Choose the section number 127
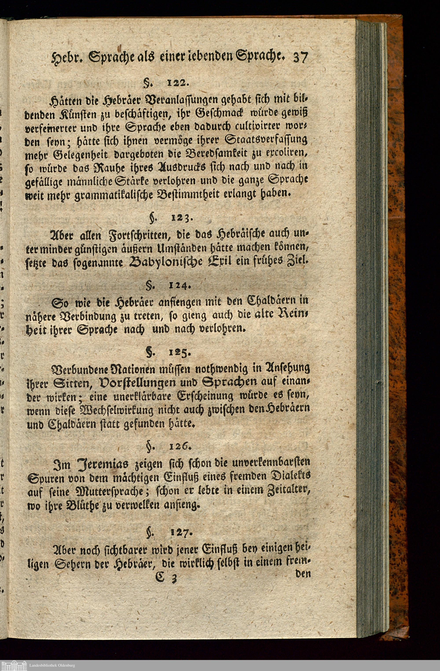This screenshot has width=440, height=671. (x=182, y=532)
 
